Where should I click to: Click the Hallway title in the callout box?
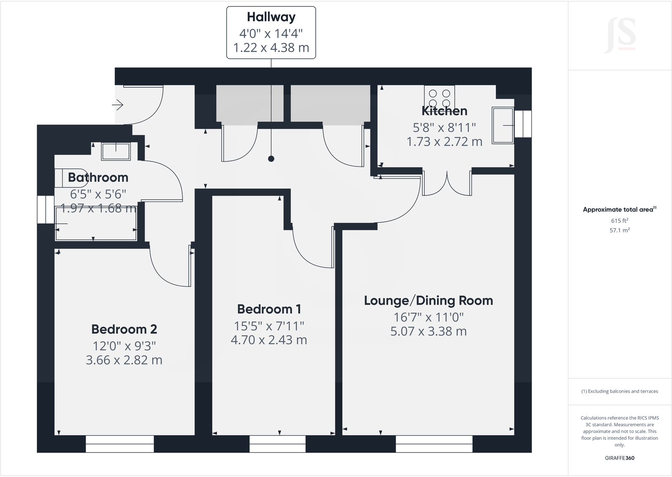click(271, 17)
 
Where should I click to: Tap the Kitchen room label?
click(444, 111)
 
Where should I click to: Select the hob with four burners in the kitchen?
click(440, 97)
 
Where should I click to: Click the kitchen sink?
click(503, 125)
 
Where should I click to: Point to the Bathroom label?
click(98, 177)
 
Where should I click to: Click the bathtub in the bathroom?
click(96, 225)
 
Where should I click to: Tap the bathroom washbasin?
click(116, 151)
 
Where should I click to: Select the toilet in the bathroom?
click(63, 178)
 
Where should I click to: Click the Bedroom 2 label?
click(124, 329)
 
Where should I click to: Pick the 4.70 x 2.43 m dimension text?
click(269, 340)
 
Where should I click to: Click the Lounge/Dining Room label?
click(428, 301)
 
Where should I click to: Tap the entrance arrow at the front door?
click(117, 105)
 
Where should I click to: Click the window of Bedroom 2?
click(120, 444)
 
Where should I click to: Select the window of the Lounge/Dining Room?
click(434, 444)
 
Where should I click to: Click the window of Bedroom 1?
click(277, 444)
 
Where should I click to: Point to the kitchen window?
click(523, 124)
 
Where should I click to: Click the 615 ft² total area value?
click(620, 221)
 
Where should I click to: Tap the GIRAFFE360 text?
click(620, 458)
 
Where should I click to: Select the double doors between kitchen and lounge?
click(447, 183)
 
